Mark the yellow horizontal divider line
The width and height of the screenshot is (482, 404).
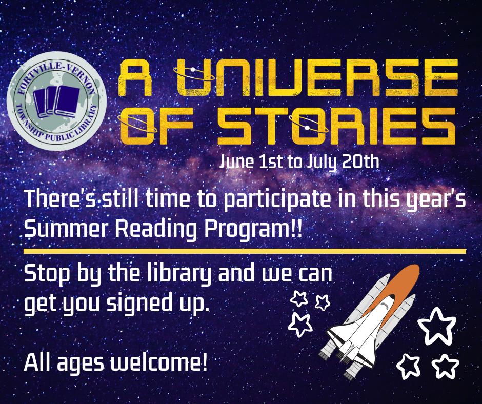pyautogui.click(x=245, y=251)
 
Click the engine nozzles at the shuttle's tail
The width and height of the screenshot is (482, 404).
pyautogui.click(x=338, y=361)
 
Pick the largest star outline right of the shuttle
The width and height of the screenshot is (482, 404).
pyautogui.click(x=437, y=325)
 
